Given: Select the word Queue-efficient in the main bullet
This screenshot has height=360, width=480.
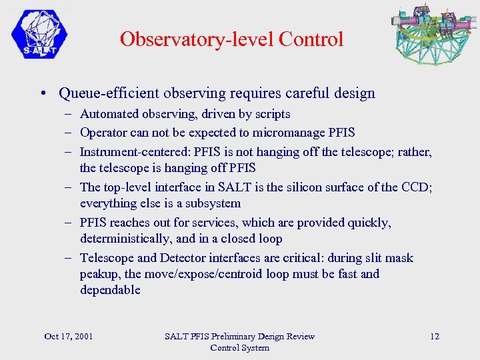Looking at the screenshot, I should tap(106, 93).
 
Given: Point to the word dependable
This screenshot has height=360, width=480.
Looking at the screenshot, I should tap(110, 290).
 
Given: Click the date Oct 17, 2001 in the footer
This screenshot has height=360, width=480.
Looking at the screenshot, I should tap(68, 336).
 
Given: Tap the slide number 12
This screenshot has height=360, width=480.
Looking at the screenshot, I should tap(435, 336).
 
